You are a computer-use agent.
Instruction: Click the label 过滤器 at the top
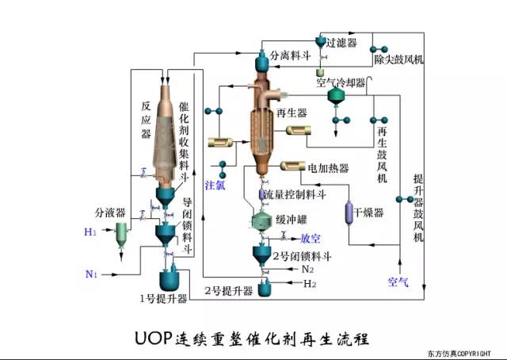tap(342, 42)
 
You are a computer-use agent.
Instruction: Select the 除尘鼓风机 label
tap(399, 59)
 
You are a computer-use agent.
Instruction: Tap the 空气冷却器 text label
tap(341, 82)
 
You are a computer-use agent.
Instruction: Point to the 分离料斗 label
tap(291, 56)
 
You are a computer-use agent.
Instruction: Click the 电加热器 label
tap(328, 167)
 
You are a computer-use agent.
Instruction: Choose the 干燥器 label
tap(368, 213)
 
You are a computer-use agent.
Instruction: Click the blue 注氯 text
tap(215, 186)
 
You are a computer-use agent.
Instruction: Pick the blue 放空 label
tap(310, 238)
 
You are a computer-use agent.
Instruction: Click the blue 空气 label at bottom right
tap(398, 281)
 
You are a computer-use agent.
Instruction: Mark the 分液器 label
tap(110, 213)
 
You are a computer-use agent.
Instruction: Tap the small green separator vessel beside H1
tap(120, 232)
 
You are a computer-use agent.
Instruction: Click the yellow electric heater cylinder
tap(294, 167)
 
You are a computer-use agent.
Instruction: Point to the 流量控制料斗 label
tap(296, 193)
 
